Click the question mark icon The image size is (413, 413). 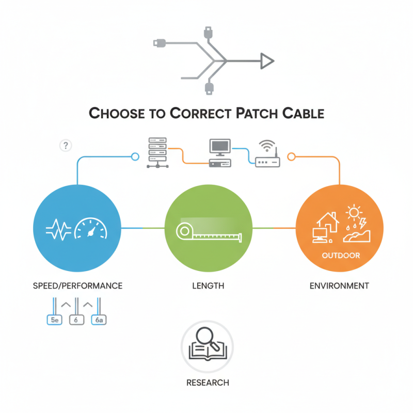tap(66, 146)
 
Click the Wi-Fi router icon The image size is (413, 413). tap(267, 155)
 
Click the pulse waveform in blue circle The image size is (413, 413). tap(59, 228)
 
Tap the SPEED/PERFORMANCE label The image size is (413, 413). tap(77, 285)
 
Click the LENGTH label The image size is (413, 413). tap(208, 285)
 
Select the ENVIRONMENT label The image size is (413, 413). tap(339, 285)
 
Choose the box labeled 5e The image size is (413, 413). tap(54, 320)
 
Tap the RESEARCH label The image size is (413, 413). tap(207, 383)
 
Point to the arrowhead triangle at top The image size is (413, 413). tap(266, 61)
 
